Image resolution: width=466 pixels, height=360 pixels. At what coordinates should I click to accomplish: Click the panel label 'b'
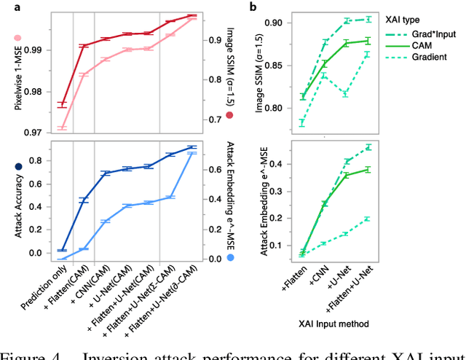(x=253, y=7)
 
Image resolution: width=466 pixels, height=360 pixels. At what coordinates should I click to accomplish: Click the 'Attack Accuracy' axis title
(x=17, y=209)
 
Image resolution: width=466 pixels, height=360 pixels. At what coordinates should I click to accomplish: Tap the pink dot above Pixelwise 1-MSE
(x=17, y=39)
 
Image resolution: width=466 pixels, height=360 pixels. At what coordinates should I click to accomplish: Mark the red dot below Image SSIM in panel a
(x=230, y=115)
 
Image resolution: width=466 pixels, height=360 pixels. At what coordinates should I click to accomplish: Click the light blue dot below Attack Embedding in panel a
(x=230, y=257)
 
